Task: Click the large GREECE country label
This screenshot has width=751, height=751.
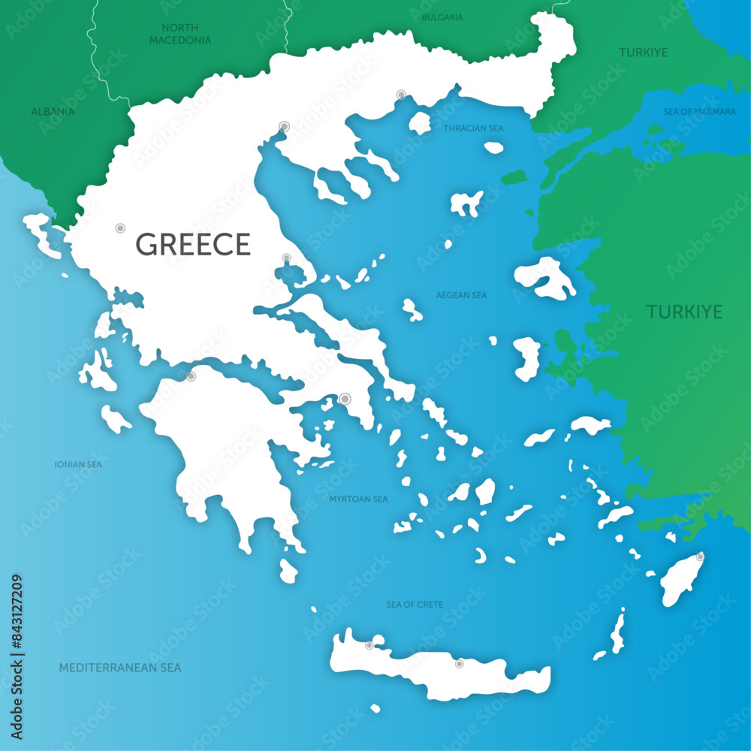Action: tap(193, 245)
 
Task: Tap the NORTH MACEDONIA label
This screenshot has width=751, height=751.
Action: tap(179, 34)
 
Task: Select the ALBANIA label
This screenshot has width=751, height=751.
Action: tap(53, 111)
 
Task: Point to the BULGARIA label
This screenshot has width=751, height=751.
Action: tap(442, 17)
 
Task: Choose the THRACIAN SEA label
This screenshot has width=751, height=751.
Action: tap(473, 128)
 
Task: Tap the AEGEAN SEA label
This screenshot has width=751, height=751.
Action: tap(461, 295)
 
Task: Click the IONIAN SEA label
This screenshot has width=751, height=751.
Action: tap(78, 464)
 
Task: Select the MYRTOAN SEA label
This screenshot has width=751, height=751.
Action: tap(358, 499)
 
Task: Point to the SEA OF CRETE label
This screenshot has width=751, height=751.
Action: tap(415, 604)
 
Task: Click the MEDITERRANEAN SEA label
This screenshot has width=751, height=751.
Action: tap(119, 667)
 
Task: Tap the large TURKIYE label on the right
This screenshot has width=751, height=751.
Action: tap(684, 312)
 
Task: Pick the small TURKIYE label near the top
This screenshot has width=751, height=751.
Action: tap(643, 53)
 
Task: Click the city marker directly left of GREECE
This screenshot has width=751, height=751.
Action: tap(119, 228)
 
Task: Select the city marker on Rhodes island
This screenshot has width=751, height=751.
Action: tap(700, 556)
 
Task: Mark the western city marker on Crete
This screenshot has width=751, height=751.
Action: tap(369, 645)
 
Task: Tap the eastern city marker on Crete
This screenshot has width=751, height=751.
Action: tap(459, 664)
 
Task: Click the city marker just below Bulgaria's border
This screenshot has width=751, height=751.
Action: tap(401, 95)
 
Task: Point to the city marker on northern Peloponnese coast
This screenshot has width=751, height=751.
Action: tap(191, 376)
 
